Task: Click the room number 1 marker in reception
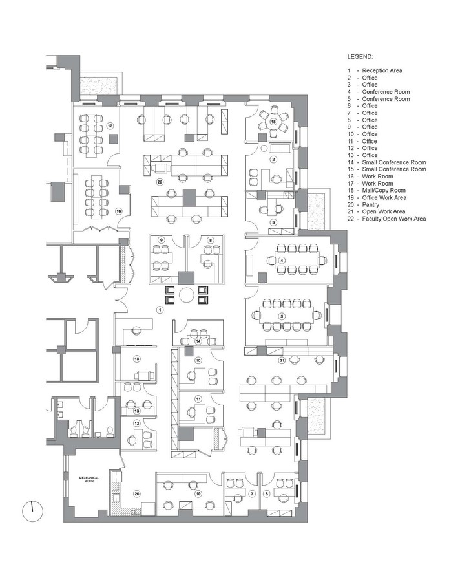(x=160, y=310)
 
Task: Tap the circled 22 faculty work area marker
(x=160, y=182)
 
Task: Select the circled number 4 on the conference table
(x=282, y=261)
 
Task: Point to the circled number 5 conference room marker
(x=282, y=316)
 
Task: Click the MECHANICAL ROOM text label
(x=89, y=479)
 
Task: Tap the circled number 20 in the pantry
(x=137, y=493)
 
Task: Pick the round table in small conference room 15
(x=274, y=122)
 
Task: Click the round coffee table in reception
(x=187, y=295)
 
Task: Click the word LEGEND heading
(x=360, y=57)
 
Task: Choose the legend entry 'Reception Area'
(x=382, y=70)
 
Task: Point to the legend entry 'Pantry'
(x=370, y=204)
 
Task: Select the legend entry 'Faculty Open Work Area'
(x=393, y=219)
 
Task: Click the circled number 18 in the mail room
(x=137, y=359)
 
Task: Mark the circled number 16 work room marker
(x=119, y=211)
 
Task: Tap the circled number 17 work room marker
(x=110, y=126)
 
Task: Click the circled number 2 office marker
(x=274, y=160)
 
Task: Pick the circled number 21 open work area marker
(x=282, y=360)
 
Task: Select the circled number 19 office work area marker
(x=198, y=493)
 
